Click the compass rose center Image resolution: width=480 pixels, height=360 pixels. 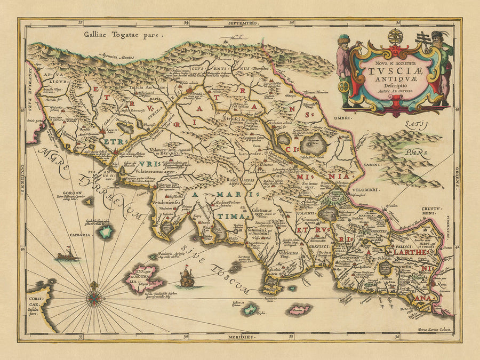coord(94,297)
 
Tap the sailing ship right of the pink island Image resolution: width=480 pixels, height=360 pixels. coord(187,278)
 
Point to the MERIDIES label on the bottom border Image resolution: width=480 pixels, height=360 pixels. coord(238,337)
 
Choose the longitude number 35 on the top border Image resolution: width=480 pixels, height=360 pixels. coord(292,23)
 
